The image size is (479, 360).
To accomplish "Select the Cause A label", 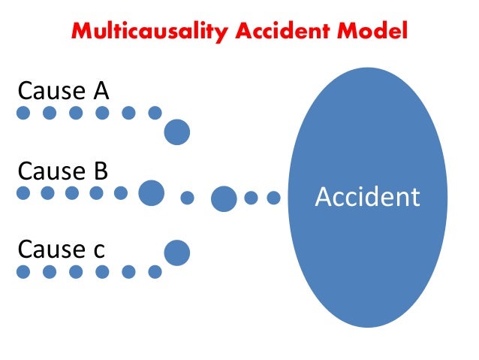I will pyautogui.click(x=63, y=91).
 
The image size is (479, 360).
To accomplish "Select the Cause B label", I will pyautogui.click(x=63, y=171).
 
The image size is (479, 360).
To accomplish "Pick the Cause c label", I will pyautogui.click(x=62, y=249).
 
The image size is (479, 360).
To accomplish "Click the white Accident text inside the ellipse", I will pyautogui.click(x=367, y=197).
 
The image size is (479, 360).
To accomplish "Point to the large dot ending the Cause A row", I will pyautogui.click(x=177, y=132).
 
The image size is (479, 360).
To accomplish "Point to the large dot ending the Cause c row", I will pyautogui.click(x=177, y=253).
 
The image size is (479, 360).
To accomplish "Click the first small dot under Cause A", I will pyautogui.click(x=23, y=113).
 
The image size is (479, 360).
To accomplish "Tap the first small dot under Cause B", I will pyautogui.click(x=23, y=193).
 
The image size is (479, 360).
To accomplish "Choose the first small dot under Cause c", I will pyautogui.click(x=23, y=272).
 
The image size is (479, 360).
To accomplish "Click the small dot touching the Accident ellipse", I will pyautogui.click(x=274, y=198).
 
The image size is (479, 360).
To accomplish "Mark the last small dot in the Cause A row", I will pyautogui.click(x=155, y=113).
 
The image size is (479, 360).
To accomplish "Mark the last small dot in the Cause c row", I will pyautogui.click(x=155, y=272).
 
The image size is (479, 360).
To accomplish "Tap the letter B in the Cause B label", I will pyautogui.click(x=100, y=171).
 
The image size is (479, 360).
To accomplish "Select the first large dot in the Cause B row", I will pyautogui.click(x=151, y=193).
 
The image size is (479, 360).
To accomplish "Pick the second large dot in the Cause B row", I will pyautogui.click(x=224, y=198).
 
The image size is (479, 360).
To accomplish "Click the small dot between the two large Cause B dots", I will pyautogui.click(x=188, y=198).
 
